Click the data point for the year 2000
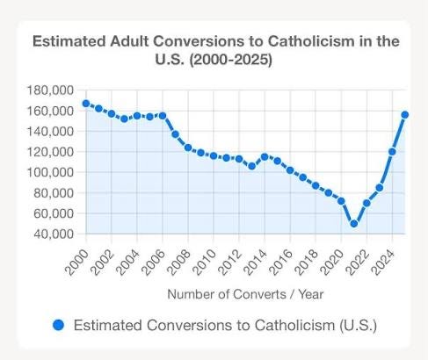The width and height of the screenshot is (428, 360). [86, 104]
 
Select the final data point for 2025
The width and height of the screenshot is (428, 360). [405, 114]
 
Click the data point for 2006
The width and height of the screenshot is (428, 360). [163, 116]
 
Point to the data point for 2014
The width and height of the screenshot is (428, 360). [265, 157]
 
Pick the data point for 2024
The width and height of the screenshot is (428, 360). [392, 152]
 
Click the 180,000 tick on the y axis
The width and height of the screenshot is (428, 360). [51, 90]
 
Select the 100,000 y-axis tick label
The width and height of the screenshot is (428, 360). [51, 173]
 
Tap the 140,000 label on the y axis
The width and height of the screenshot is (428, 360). [51, 132]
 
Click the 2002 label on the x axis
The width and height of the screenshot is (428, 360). [102, 256]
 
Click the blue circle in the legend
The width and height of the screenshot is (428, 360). [59, 326]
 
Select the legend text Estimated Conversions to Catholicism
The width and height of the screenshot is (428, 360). [225, 326]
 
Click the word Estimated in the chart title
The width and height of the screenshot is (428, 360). [69, 41]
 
